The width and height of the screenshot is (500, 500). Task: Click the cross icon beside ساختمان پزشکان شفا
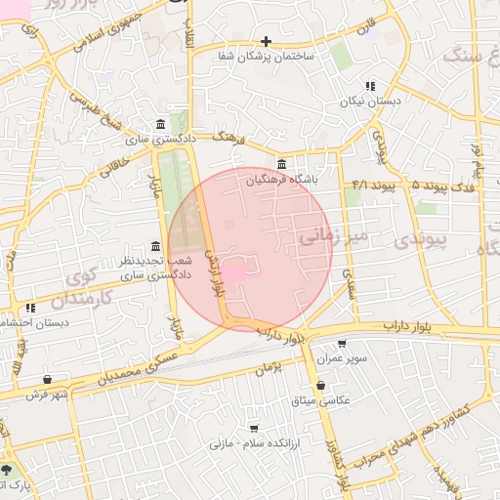tap(266, 41)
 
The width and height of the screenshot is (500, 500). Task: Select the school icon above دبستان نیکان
tap(369, 86)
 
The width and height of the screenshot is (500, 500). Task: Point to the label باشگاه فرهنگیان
tap(281, 180)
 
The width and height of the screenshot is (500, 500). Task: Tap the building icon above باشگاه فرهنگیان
tap(282, 163)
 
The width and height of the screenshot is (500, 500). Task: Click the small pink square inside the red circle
tap(236, 271)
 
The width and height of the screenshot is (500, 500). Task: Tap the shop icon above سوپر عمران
tap(342, 344)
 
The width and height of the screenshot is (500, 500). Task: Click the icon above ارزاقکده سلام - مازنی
tap(255, 428)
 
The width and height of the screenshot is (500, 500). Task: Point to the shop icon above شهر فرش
tap(48, 379)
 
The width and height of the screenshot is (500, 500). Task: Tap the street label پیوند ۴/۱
tap(372, 184)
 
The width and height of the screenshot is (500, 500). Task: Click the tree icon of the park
tap(9, 470)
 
